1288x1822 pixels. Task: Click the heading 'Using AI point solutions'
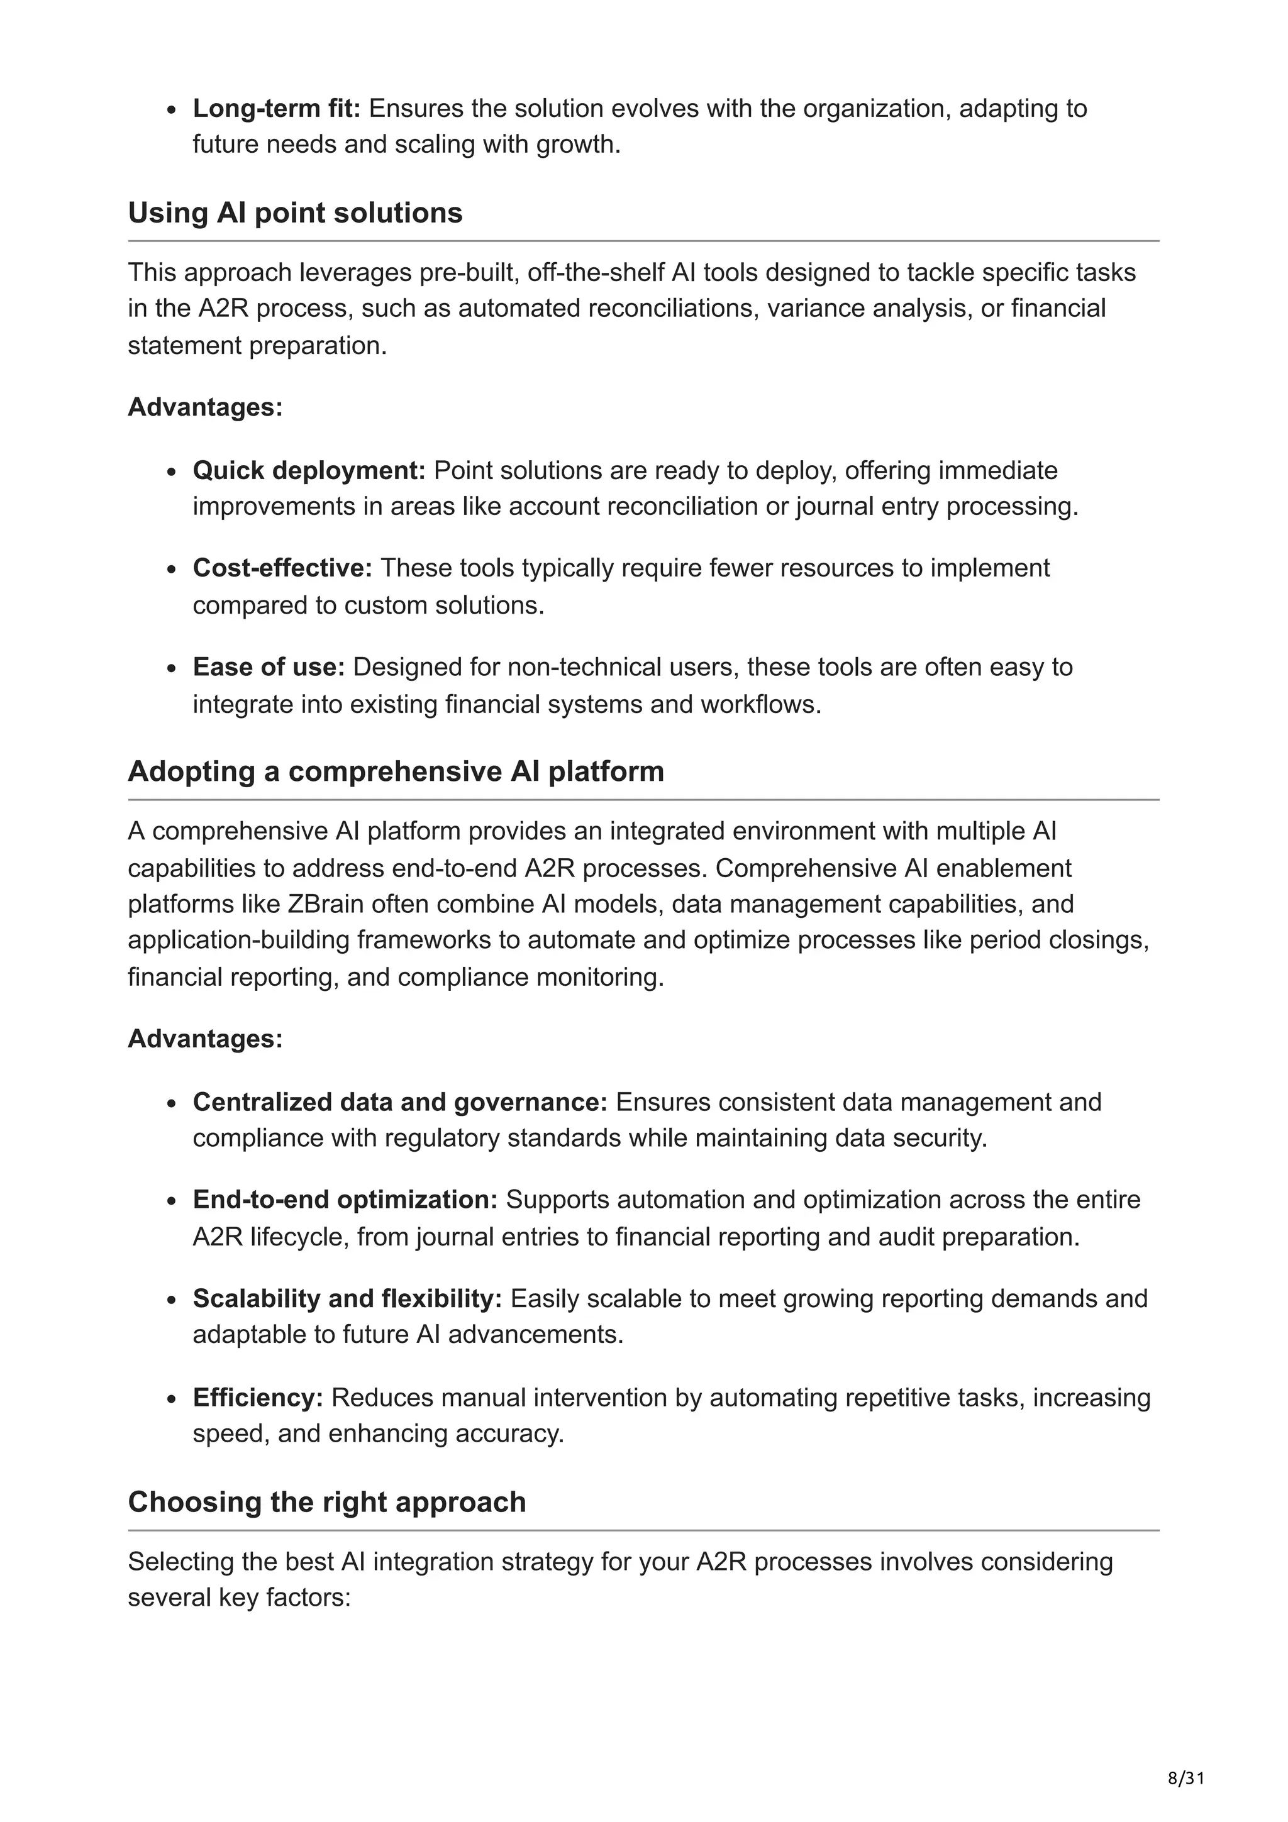click(x=294, y=213)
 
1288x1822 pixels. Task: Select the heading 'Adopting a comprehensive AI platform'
click(x=395, y=771)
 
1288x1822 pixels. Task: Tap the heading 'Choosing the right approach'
click(x=326, y=1501)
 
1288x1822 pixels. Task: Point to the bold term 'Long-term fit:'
click(x=276, y=108)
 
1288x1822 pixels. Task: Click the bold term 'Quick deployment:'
click(x=309, y=470)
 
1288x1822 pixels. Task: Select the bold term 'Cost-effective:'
click(x=282, y=568)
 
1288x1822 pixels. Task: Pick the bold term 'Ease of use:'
click(x=269, y=666)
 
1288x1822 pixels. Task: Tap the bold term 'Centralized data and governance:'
click(x=399, y=1101)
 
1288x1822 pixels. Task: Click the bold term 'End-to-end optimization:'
click(x=345, y=1199)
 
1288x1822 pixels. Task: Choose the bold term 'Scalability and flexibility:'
click(x=347, y=1298)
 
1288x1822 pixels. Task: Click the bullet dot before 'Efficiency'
click(x=172, y=1398)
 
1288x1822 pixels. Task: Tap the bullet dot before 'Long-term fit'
click(x=172, y=109)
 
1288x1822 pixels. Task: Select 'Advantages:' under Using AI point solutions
click(x=205, y=407)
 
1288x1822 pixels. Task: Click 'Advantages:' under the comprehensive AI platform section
click(x=205, y=1038)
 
